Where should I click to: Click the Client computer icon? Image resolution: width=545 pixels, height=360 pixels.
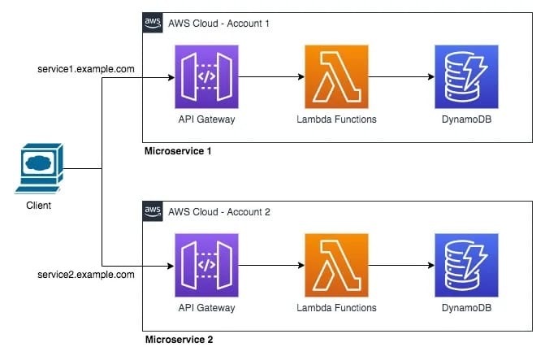coord(38,168)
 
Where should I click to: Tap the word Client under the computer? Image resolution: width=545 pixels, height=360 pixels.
coord(38,206)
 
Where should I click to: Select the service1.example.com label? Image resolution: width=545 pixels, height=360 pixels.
coord(86,69)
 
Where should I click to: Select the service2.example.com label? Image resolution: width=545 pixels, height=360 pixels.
coord(86,275)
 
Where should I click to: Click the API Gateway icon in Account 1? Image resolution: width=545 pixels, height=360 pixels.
coord(206,78)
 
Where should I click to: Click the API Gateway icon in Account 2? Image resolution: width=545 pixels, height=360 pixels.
coord(206,264)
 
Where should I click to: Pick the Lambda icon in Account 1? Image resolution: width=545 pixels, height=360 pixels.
coord(336,78)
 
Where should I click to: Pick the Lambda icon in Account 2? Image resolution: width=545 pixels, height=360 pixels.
coord(336,264)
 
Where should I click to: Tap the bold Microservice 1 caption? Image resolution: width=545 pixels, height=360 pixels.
coord(179,152)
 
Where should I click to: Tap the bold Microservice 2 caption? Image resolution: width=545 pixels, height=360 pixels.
coord(179,338)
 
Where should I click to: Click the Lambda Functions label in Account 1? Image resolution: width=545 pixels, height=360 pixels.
coord(336,120)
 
